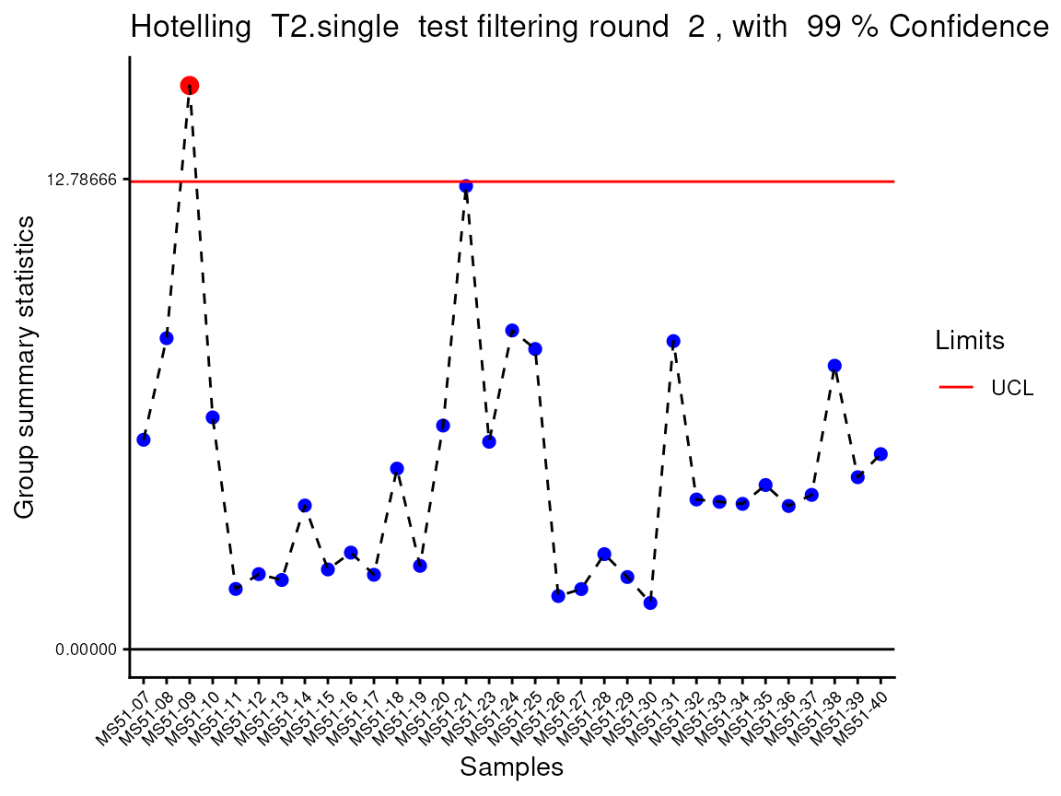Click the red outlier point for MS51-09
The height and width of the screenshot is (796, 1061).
(x=190, y=86)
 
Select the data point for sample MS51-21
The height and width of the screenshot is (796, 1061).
(x=466, y=186)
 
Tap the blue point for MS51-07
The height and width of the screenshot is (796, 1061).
(x=144, y=439)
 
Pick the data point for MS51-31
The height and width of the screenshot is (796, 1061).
(x=673, y=342)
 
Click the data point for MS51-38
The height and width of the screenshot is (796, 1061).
(x=834, y=366)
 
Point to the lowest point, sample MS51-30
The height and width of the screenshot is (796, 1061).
(x=650, y=603)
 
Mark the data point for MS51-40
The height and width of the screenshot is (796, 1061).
(x=880, y=454)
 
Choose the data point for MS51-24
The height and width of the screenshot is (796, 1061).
(x=512, y=331)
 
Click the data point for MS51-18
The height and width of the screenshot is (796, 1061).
(x=397, y=469)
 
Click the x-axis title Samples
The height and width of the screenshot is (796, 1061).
(x=511, y=767)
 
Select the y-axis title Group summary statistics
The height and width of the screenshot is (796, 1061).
(x=25, y=367)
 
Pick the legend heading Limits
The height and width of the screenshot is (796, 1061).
(x=969, y=341)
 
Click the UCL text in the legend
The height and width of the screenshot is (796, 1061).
(x=1012, y=388)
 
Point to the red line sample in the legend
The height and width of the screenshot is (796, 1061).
(x=956, y=388)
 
